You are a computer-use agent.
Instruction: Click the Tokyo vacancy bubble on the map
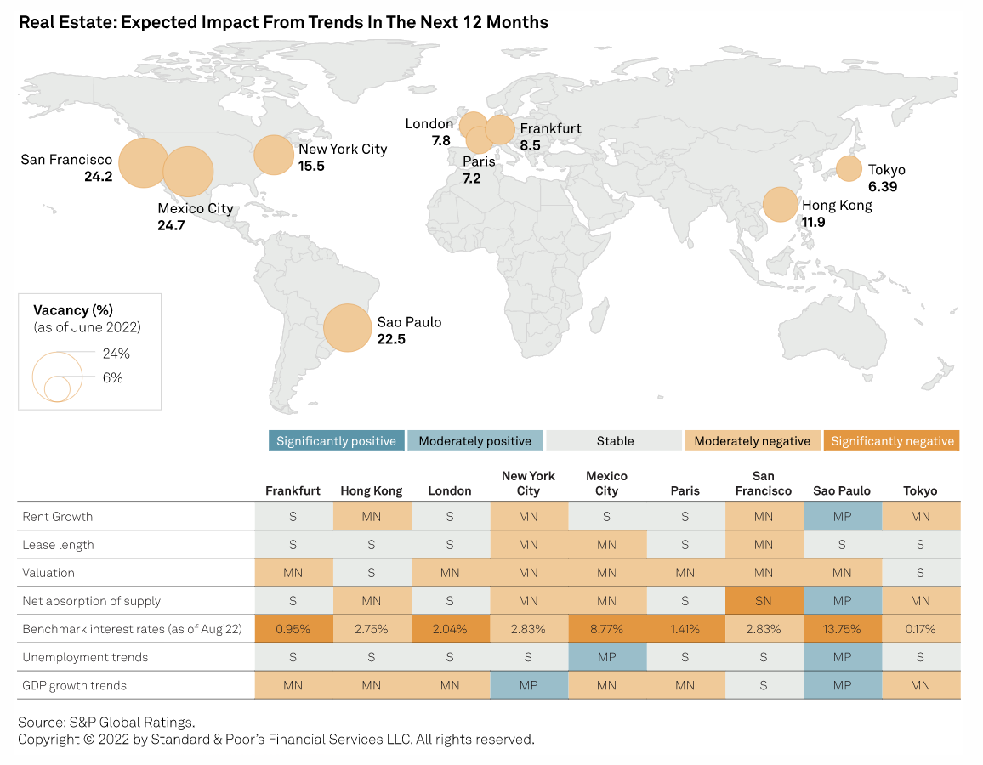(x=849, y=168)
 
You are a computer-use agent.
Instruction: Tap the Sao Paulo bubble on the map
(x=347, y=328)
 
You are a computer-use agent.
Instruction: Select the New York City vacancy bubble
(x=275, y=156)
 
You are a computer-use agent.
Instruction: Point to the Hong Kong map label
(x=837, y=205)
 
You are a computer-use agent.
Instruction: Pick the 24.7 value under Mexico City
(x=171, y=225)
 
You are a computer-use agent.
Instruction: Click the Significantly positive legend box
(x=336, y=441)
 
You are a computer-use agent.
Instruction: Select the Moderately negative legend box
(x=752, y=441)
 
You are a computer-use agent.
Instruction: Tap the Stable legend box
(x=615, y=441)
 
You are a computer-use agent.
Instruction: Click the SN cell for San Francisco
(x=764, y=601)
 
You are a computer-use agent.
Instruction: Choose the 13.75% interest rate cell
(x=842, y=629)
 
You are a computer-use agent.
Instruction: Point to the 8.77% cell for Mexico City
(x=606, y=629)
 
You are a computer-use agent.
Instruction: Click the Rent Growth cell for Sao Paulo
(x=842, y=516)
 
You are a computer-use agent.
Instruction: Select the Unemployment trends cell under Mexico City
(x=606, y=657)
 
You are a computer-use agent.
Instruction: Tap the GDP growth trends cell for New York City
(x=528, y=685)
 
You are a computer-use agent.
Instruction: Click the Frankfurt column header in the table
(x=293, y=490)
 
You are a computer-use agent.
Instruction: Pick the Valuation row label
(x=48, y=573)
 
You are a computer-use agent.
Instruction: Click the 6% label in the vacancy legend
(x=112, y=378)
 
